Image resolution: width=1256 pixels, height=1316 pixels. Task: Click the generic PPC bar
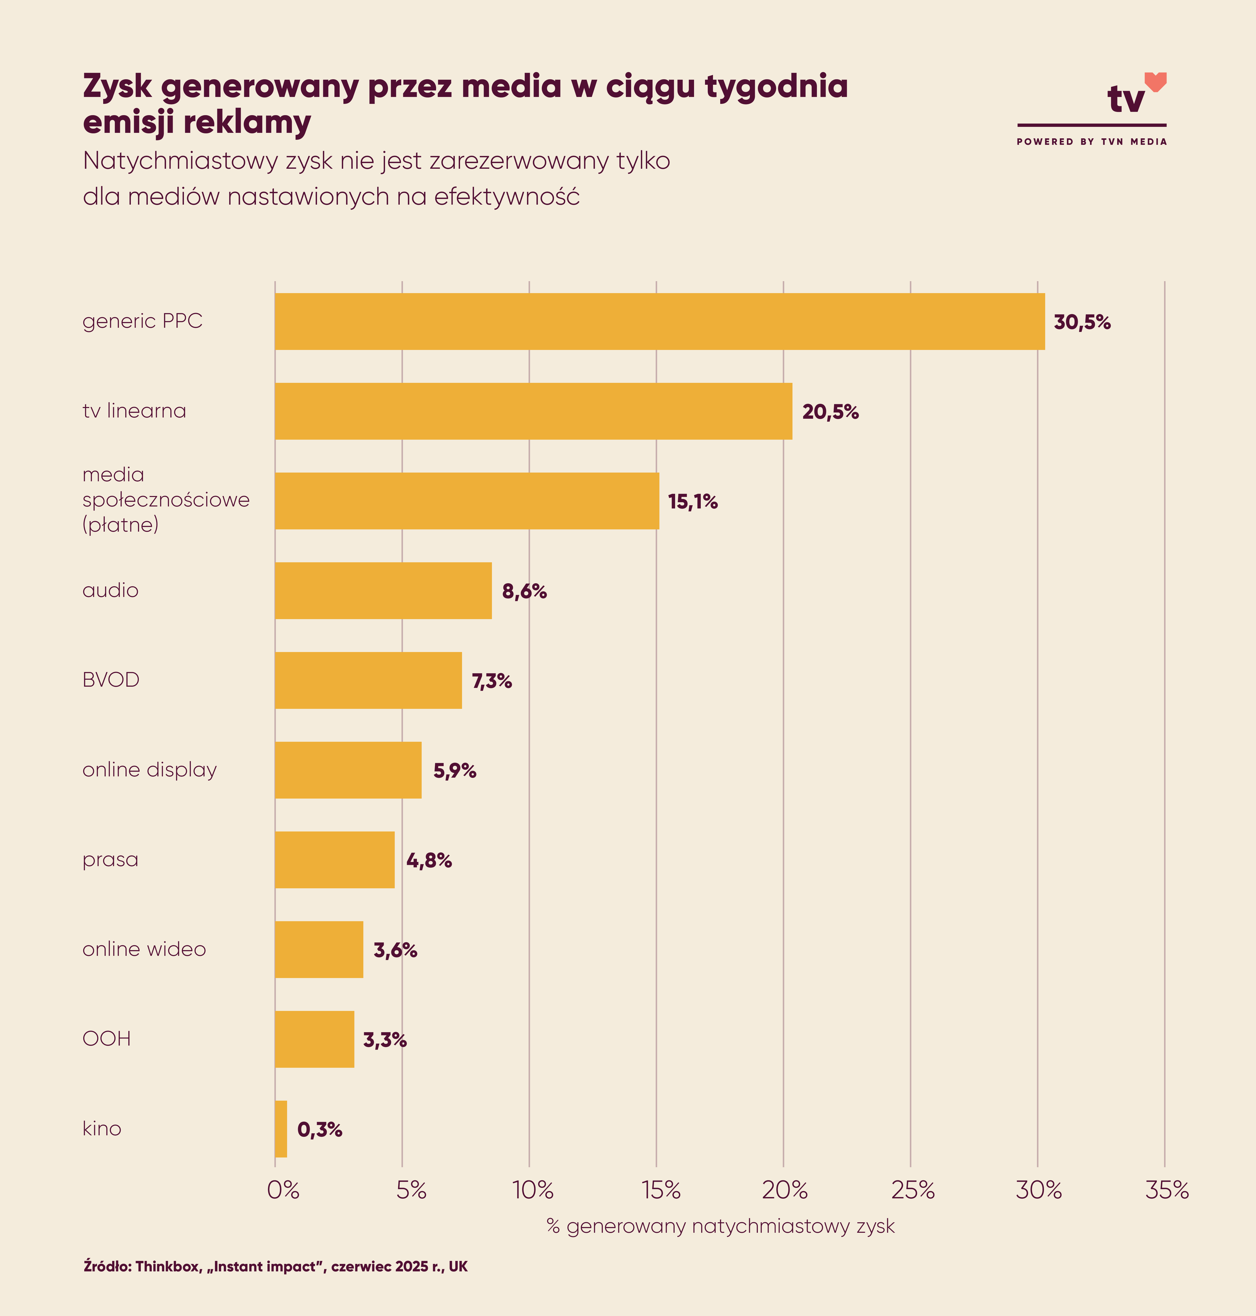tap(659, 322)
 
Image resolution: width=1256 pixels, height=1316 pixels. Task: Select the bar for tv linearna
tap(534, 411)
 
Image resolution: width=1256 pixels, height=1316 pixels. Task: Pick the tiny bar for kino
tap(281, 1129)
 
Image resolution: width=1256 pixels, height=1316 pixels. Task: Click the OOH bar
tap(315, 1039)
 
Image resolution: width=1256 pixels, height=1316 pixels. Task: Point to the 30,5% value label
tap(1082, 323)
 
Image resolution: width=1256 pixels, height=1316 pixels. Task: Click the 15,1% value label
tap(692, 502)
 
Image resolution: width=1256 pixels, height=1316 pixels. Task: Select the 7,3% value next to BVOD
tap(491, 681)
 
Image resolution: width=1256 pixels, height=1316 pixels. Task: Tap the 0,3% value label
tap(319, 1130)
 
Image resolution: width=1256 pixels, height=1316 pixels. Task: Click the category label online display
tap(149, 769)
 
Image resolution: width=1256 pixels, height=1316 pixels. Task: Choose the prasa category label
tap(110, 859)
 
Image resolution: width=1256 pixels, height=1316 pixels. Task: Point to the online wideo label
tap(144, 949)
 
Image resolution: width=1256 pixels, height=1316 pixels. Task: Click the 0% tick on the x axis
tap(283, 1190)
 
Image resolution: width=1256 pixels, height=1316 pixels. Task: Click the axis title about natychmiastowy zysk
tap(720, 1226)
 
